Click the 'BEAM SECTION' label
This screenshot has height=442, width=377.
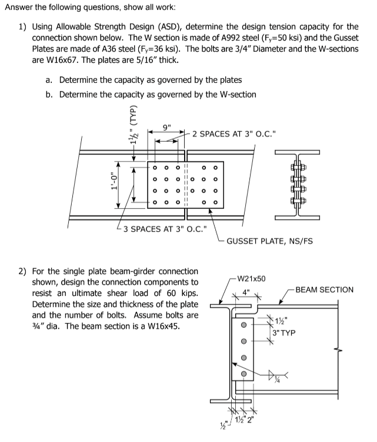point(324,290)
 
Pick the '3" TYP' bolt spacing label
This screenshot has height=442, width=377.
point(283,333)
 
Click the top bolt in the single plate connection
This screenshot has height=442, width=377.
point(242,323)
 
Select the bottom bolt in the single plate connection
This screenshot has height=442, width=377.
point(242,373)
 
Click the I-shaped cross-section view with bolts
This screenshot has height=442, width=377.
point(299,184)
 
